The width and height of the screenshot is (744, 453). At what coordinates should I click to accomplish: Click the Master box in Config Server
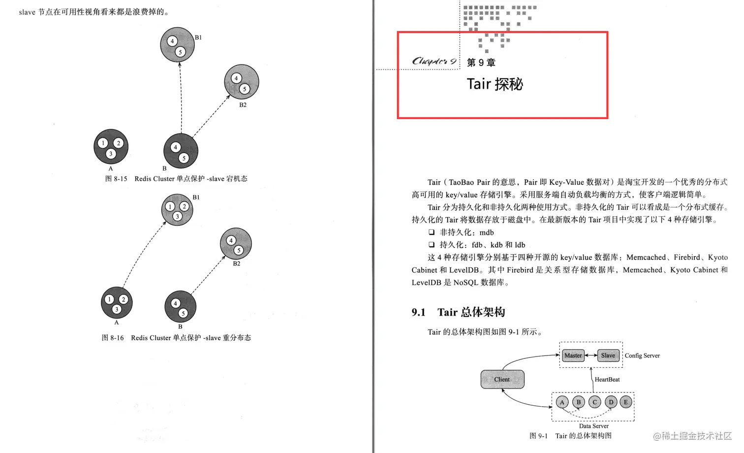click(573, 356)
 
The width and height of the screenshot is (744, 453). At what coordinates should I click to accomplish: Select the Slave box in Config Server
click(608, 356)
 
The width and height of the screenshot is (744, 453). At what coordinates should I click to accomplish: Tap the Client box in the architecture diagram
click(502, 379)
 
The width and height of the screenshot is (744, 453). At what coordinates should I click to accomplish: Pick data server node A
click(562, 402)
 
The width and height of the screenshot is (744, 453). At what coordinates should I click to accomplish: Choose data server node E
click(625, 402)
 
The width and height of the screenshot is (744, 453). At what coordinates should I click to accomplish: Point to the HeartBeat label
click(607, 380)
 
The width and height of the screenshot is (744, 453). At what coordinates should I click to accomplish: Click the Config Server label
click(642, 356)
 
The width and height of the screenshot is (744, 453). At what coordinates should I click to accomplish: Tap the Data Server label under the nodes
click(593, 426)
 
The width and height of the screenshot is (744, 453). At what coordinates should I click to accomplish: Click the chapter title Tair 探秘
click(495, 84)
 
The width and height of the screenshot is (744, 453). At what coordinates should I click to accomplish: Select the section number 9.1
click(418, 312)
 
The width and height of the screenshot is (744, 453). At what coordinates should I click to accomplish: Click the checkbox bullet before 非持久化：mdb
click(432, 232)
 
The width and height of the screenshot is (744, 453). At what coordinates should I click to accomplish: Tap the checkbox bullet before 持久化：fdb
click(432, 245)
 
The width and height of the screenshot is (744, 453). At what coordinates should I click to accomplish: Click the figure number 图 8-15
click(116, 179)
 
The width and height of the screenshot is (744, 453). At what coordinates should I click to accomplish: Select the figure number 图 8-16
click(113, 338)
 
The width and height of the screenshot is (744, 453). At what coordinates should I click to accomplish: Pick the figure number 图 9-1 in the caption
click(538, 436)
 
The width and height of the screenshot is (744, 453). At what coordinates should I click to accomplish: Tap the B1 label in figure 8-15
click(198, 37)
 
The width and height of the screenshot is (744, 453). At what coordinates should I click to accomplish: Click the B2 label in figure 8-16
click(237, 264)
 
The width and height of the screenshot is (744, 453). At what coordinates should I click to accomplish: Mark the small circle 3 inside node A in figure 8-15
click(111, 154)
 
